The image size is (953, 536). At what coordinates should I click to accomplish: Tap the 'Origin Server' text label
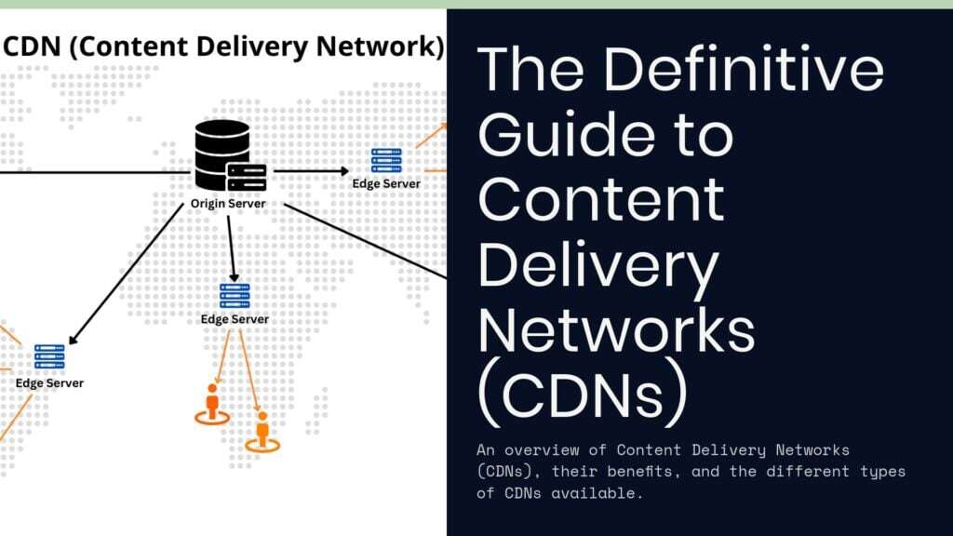click(229, 204)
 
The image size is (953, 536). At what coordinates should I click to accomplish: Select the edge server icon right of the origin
click(386, 160)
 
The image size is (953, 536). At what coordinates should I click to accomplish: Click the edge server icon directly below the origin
click(235, 296)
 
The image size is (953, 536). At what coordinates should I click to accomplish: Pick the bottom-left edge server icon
click(49, 357)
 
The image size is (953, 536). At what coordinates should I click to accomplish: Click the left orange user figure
click(212, 403)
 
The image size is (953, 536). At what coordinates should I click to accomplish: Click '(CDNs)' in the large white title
click(583, 395)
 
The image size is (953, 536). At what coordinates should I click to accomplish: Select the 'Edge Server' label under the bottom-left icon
click(49, 383)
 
